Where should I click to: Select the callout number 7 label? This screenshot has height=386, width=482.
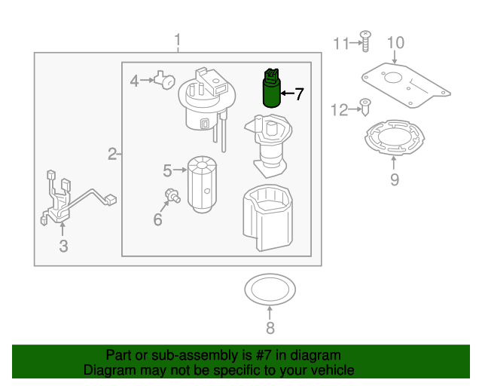pos(299,94)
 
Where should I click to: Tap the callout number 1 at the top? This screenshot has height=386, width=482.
pos(178,39)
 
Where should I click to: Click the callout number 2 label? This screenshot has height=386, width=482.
pos(112,155)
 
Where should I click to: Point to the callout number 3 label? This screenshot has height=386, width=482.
pos(63,246)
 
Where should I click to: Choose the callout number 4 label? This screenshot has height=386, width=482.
pos(135,81)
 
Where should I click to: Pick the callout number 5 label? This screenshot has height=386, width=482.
pos(168,171)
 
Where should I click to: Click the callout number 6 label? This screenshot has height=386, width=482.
pos(157,219)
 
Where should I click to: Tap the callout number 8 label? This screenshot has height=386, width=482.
pos(270,327)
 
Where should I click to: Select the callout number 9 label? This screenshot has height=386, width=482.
pos(394,179)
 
